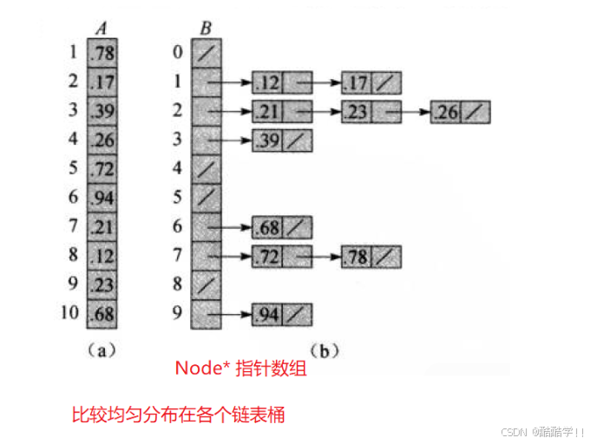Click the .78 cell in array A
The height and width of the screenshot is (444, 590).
(102, 54)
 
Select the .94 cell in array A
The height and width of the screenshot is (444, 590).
(102, 197)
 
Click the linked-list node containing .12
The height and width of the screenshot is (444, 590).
(282, 83)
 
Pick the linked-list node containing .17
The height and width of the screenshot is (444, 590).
(371, 83)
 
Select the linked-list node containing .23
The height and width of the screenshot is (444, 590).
(371, 112)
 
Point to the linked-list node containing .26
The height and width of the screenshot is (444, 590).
(460, 112)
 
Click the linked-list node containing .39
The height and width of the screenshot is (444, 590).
(282, 140)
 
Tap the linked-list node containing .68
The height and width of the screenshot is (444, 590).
(282, 227)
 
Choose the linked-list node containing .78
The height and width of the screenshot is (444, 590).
(371, 256)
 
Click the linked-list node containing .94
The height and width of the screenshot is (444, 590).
(282, 313)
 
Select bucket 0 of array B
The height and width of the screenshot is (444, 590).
(207, 54)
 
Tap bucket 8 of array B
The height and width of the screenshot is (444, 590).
(207, 284)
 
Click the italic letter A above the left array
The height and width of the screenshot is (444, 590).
(102, 27)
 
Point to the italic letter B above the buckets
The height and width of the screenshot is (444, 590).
(206, 27)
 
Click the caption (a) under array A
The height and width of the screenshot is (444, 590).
(102, 351)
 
